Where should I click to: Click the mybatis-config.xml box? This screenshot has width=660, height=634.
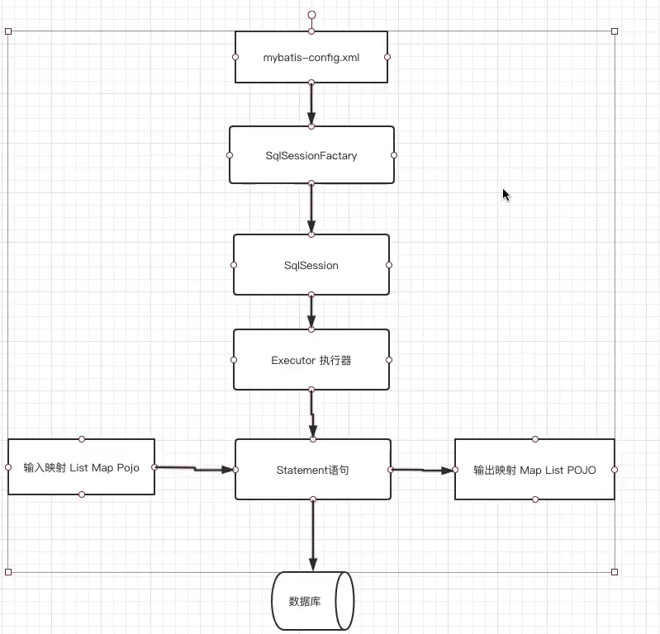[311, 57]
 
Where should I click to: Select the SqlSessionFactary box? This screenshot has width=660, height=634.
[311, 155]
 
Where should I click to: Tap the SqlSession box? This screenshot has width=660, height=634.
[311, 265]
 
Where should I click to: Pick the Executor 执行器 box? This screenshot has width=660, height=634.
[311, 360]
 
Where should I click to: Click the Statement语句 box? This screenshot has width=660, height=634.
[312, 470]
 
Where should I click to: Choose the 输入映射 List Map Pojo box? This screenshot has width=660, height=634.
[81, 467]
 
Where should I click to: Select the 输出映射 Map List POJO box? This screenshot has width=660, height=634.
[534, 470]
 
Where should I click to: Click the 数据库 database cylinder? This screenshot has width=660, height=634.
[312, 601]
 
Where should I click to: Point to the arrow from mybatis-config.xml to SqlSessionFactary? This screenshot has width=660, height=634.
[311, 104]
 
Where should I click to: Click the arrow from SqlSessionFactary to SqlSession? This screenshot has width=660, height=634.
[311, 208]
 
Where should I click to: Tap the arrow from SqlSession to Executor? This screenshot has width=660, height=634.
[311, 312]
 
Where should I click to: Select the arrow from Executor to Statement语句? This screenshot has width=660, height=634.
[313, 414]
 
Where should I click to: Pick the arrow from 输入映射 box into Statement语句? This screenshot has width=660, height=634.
[195, 469]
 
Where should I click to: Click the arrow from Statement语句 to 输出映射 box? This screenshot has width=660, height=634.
[423, 470]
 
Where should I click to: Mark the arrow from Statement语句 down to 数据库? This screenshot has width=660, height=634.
[312, 535]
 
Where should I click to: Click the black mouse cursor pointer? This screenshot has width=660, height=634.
[506, 195]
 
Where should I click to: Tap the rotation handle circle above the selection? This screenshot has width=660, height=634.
[311, 15]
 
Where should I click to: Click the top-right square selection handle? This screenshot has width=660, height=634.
[615, 31]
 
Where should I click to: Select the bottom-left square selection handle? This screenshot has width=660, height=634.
[8, 571]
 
